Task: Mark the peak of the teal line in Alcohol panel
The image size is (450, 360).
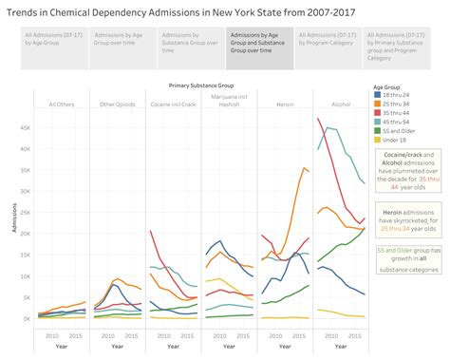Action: pyautogui.click(x=328, y=127)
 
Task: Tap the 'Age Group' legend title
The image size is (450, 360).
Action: pyautogui.click(x=390, y=85)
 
